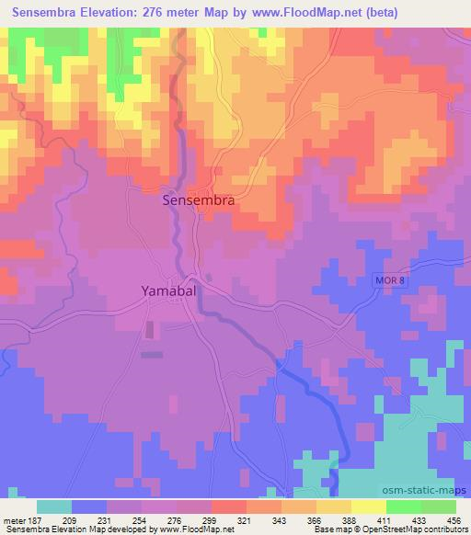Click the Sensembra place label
tap(198, 199)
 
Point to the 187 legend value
tap(36, 519)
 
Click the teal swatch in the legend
tap(55, 507)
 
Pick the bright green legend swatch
tap(405, 507)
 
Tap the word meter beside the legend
tap(14, 519)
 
